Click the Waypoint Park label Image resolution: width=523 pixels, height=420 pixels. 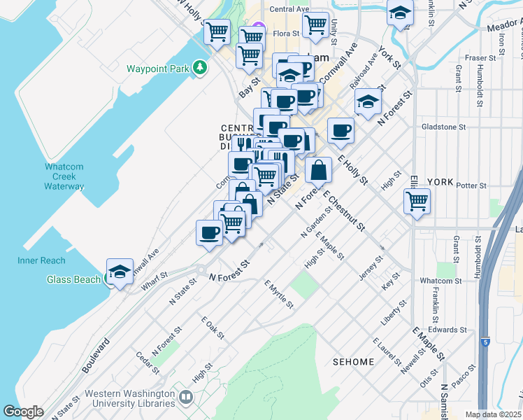[x=157, y=69]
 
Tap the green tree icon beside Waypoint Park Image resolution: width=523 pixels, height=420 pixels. [x=201, y=67]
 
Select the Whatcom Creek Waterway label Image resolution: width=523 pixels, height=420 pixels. [x=64, y=176]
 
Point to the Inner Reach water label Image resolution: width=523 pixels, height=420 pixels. [x=41, y=260]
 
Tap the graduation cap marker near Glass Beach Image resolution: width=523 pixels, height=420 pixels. [x=120, y=272]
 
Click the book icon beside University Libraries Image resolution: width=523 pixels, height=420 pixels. [x=185, y=398]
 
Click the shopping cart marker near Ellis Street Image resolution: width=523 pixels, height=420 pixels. [x=417, y=201]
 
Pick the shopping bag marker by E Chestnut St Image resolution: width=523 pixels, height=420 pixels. [x=318, y=169]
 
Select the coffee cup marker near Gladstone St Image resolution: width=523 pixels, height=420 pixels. [x=341, y=130]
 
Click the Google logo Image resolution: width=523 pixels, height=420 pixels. [x=23, y=411]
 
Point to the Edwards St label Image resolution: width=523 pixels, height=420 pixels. [x=447, y=329]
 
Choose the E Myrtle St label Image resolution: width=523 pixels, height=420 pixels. [x=278, y=294]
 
